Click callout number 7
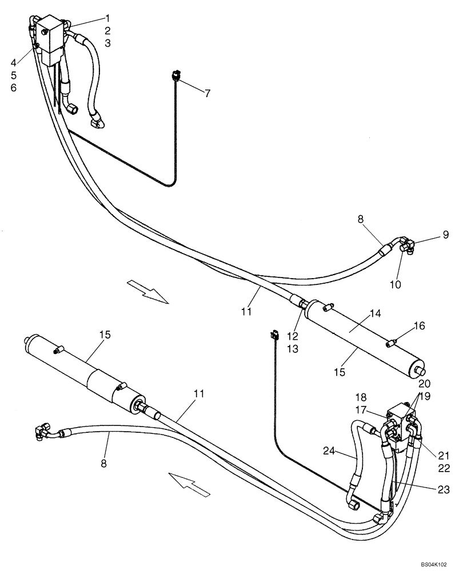click(207, 93)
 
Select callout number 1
click(107, 18)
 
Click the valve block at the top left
click(50, 37)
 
